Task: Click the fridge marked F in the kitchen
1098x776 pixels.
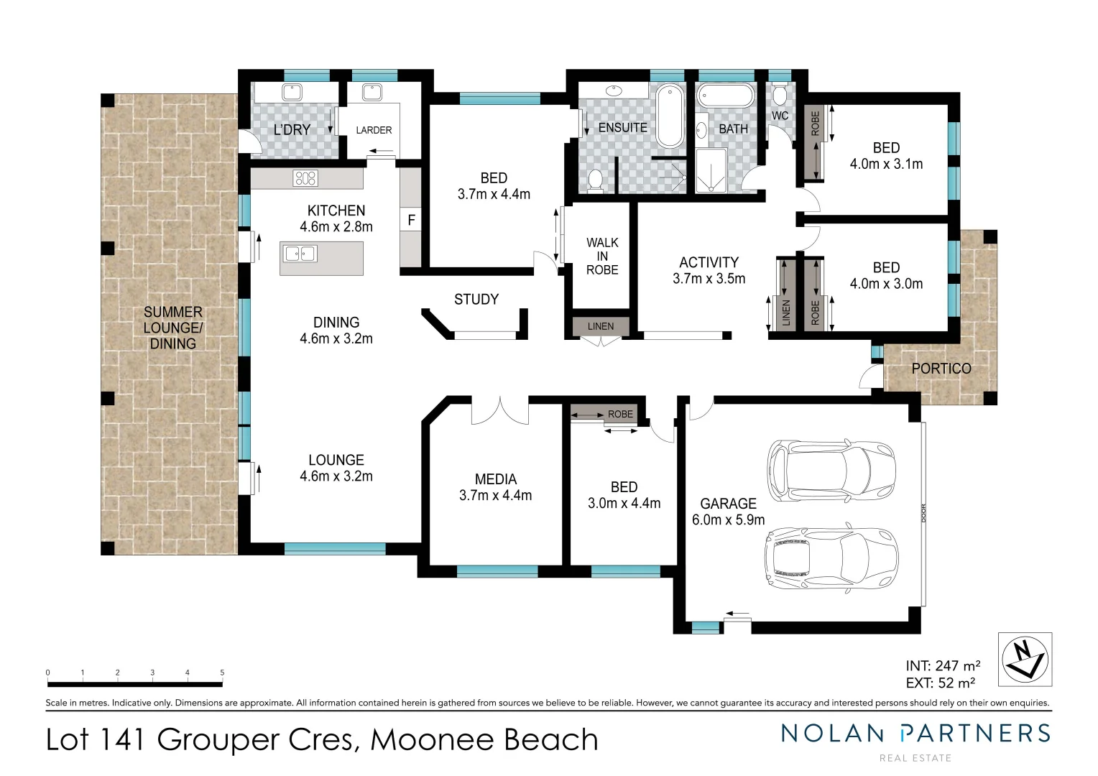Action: (x=411, y=220)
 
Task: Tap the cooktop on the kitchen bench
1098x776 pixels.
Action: (x=305, y=178)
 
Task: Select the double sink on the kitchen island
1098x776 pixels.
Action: (x=300, y=254)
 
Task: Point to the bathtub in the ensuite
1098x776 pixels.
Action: (x=670, y=116)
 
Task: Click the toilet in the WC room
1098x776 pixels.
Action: (x=780, y=94)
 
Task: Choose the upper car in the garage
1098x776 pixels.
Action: (x=831, y=471)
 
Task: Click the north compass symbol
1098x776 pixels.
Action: (x=1025, y=659)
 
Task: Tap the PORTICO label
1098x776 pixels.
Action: (x=941, y=369)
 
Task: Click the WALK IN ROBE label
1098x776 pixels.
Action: (x=602, y=257)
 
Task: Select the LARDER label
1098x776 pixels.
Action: (x=374, y=130)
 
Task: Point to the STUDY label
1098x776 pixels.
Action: (x=476, y=300)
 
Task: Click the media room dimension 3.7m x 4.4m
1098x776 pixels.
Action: (x=495, y=496)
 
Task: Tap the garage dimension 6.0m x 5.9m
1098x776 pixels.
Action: (x=728, y=519)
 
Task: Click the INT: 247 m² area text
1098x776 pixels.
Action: (x=943, y=666)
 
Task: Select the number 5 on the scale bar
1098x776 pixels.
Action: (x=222, y=673)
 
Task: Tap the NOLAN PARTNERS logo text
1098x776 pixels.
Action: (x=915, y=734)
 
